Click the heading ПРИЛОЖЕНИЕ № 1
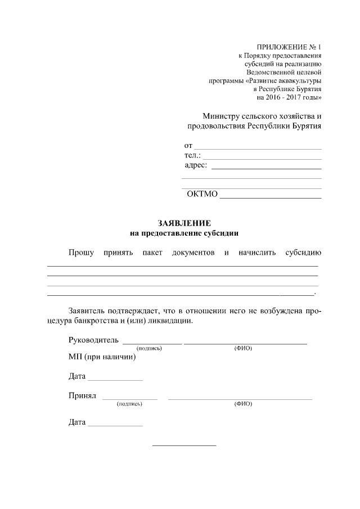tap(289, 47)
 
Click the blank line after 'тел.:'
tap(262, 158)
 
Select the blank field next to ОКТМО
tap(271, 197)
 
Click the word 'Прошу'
tap(81, 253)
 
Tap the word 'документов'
tap(193, 253)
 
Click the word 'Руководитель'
tap(93, 340)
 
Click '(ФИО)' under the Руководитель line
tap(243, 348)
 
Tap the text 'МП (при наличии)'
tap(102, 357)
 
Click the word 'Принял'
tap(82, 395)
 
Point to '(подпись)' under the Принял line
tap(129, 404)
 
